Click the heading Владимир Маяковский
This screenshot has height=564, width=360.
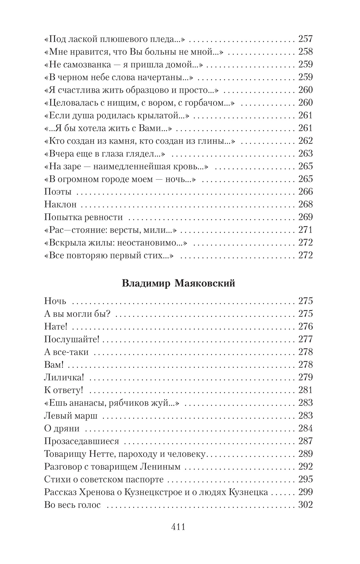point(178,283)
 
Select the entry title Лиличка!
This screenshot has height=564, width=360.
point(64,377)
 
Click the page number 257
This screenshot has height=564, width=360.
point(305,39)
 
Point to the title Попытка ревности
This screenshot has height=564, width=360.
point(83,217)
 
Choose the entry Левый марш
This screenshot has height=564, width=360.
point(71,416)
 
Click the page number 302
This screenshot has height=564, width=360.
point(305,505)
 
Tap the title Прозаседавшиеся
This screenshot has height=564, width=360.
point(81,441)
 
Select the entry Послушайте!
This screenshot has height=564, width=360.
point(72,339)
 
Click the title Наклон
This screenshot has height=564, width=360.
point(60,204)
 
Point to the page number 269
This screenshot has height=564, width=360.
point(305,217)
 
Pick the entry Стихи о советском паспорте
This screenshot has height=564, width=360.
point(104,479)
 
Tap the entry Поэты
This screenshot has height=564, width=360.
point(58,192)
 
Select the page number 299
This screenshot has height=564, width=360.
point(305,492)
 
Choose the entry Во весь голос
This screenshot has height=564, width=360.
point(72,505)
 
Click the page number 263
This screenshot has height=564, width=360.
point(305,153)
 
